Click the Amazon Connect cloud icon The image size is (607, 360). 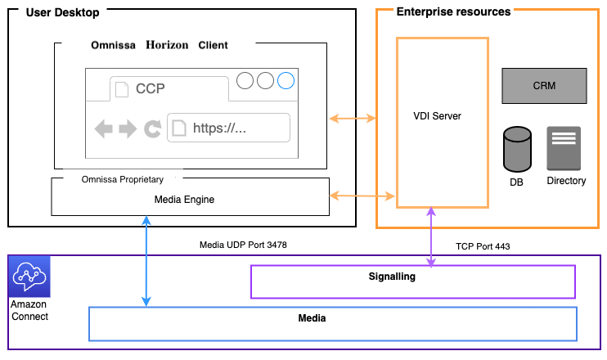29,276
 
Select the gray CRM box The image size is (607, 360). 544,86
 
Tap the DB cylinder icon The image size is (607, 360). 516,148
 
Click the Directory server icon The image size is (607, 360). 564,148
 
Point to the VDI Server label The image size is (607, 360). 437,116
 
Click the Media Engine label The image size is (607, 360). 190,199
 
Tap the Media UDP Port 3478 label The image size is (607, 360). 243,245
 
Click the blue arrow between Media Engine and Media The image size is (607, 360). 146,261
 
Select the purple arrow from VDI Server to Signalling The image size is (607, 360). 430,237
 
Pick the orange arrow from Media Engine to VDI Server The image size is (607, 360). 362,196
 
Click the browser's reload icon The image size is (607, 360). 152,128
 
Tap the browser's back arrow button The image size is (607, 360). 103,128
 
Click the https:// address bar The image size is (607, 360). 229,128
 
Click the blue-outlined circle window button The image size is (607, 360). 286,81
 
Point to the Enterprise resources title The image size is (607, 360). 453,12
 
